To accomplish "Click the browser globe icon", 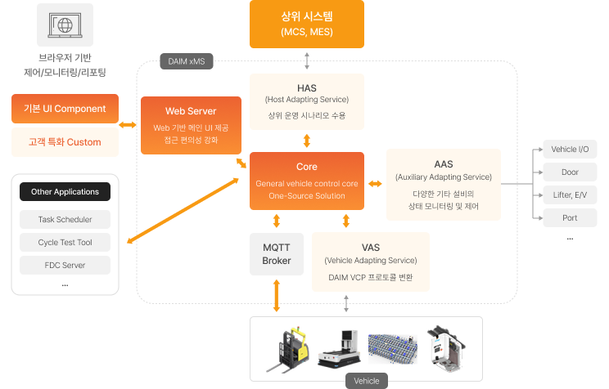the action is [65, 25].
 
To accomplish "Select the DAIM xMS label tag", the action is [187, 61].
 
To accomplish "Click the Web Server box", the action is [191, 125].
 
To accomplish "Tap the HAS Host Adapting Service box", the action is [307, 101].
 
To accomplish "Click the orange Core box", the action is [307, 181].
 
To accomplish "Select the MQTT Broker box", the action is [277, 254].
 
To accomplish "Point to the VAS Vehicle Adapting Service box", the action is [371, 262].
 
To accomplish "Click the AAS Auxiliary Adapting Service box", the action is [444, 185].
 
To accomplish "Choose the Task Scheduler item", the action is [65, 220].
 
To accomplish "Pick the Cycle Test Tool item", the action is [65, 243].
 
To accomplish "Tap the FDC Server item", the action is [65, 266].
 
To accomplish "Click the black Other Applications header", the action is [65, 191].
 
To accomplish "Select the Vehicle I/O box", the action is [570, 150].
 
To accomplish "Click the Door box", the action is [570, 172].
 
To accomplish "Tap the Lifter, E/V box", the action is [570, 195].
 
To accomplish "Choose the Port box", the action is [570, 218].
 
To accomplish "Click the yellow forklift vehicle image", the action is [288, 350].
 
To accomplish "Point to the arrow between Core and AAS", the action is [375, 184].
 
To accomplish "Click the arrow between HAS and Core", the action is [307, 141].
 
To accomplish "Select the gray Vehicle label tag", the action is [367, 381].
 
